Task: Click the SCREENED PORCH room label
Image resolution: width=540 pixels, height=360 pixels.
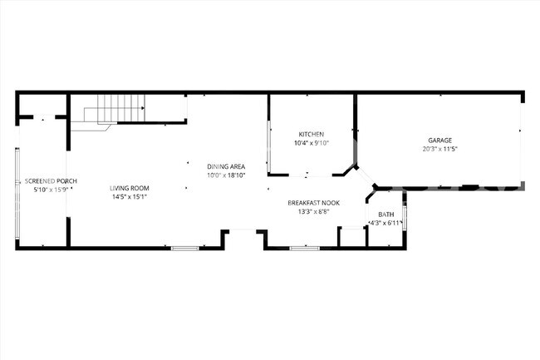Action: [51, 180]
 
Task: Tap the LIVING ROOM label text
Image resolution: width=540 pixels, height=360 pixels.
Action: [129, 189]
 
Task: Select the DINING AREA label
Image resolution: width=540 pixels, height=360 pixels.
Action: [226, 166]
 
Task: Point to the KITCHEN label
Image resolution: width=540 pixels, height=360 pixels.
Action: [312, 134]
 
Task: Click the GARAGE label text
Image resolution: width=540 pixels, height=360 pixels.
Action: [440, 141]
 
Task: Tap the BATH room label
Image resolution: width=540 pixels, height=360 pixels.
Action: [385, 215]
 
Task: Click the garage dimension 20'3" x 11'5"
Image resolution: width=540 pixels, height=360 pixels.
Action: [440, 149]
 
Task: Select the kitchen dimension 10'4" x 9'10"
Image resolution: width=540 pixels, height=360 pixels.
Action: [312, 143]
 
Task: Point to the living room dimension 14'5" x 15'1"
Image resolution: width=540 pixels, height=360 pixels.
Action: [129, 197]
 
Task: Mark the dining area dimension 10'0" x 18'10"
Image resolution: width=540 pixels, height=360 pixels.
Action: [226, 175]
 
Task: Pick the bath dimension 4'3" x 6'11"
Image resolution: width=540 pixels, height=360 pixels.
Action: [385, 224]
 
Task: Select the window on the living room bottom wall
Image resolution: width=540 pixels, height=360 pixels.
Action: [184, 248]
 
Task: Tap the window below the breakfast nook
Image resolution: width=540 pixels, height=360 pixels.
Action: [304, 248]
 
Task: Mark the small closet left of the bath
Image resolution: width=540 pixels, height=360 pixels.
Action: [351, 237]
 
